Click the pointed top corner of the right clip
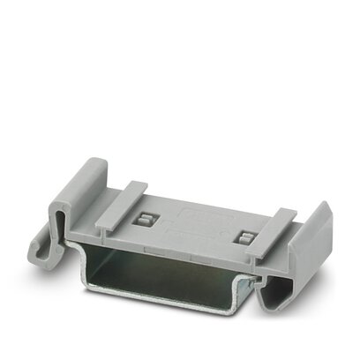point(325,205)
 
